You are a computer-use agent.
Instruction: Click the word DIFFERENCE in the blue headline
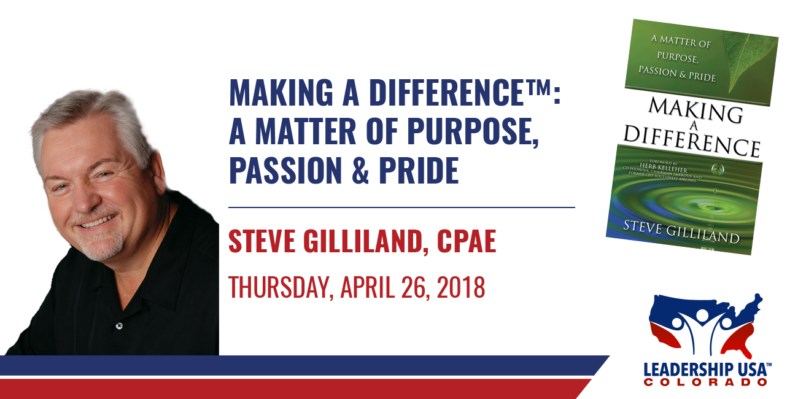447,93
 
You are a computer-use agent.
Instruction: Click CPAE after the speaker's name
467,241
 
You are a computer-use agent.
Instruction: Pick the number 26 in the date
413,287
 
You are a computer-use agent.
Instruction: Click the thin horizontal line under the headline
401,207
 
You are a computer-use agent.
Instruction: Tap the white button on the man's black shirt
119,325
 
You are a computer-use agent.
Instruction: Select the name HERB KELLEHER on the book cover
664,168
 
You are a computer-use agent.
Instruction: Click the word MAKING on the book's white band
695,110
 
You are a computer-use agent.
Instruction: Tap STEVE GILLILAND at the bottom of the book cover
681,231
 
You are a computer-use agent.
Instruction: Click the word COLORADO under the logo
705,382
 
